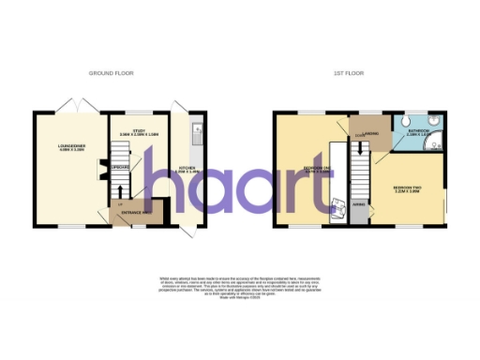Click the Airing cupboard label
[358, 204]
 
